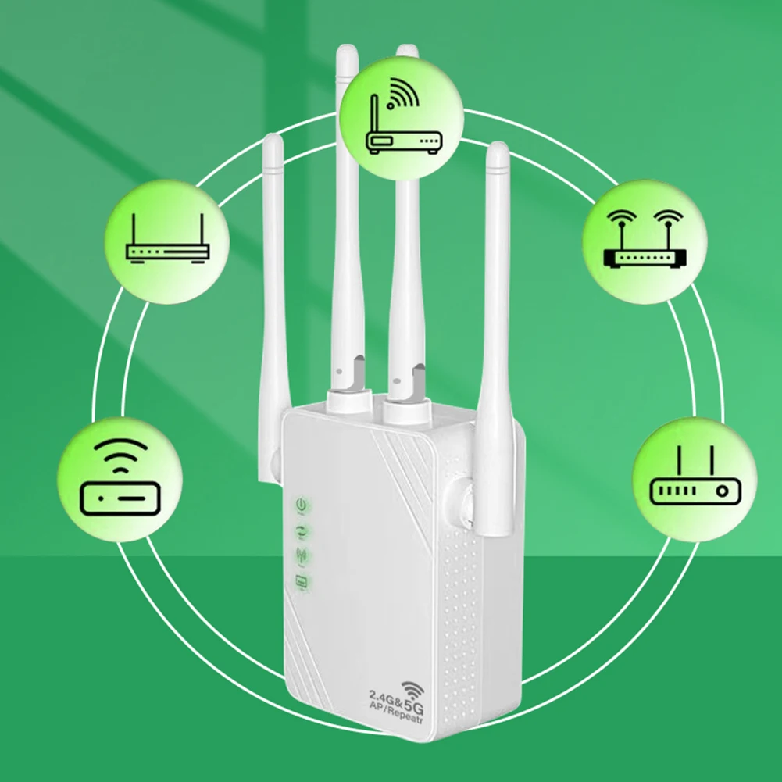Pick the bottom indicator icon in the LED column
coord(300,581)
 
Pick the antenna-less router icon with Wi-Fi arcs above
coord(120,478)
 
